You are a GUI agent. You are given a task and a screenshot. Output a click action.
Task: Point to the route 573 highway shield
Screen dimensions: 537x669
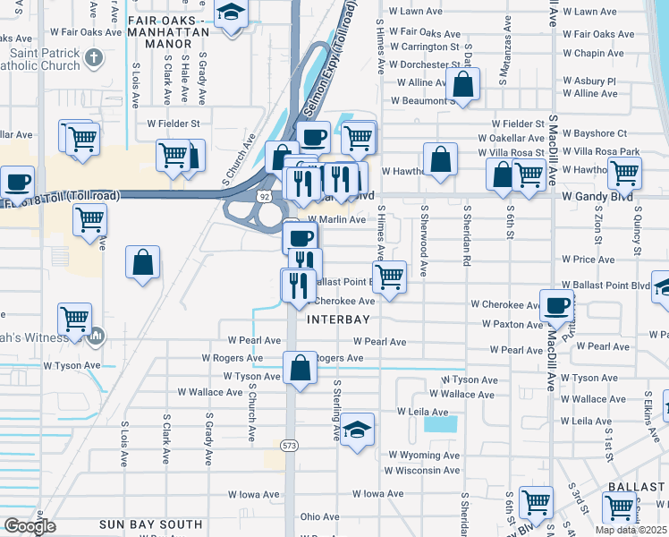pyautogui.click(x=288, y=444)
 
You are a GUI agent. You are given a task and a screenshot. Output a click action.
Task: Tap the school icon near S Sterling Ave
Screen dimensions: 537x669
pyautogui.click(x=357, y=430)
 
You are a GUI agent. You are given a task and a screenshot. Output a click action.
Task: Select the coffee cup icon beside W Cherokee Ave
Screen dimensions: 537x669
pyautogui.click(x=556, y=305)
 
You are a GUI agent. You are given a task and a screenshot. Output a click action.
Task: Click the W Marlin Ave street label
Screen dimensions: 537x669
pyautogui.click(x=337, y=219)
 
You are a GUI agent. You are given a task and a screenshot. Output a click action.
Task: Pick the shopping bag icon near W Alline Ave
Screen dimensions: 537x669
pyautogui.click(x=463, y=86)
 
